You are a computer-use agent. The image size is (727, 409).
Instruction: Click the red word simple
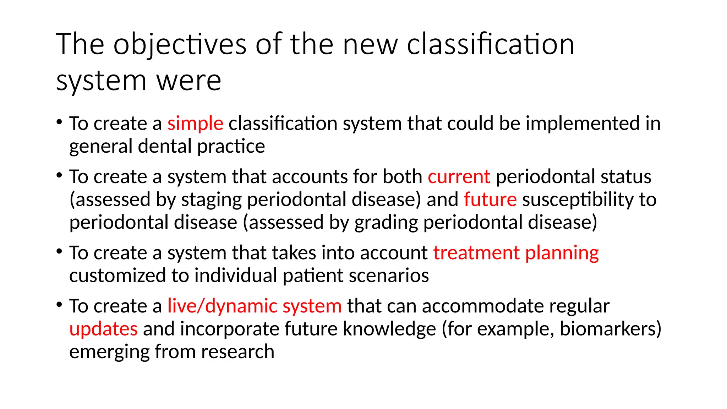195,124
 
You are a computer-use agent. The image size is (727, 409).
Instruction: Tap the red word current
459,177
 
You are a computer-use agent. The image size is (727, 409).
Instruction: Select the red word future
490,200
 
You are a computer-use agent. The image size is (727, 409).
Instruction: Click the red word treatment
476,253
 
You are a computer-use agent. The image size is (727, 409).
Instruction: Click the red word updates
103,329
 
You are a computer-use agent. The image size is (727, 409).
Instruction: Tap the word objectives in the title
180,45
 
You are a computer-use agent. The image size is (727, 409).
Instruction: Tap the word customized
117,276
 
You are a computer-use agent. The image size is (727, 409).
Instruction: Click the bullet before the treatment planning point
59,252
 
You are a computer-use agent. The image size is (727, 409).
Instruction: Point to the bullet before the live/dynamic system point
59,305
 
